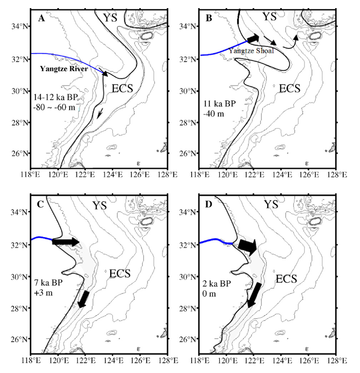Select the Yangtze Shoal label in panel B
point(251,51)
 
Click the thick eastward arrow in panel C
point(66,242)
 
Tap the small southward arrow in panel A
point(101,112)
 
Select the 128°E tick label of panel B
point(336,174)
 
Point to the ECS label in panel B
point(289,88)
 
